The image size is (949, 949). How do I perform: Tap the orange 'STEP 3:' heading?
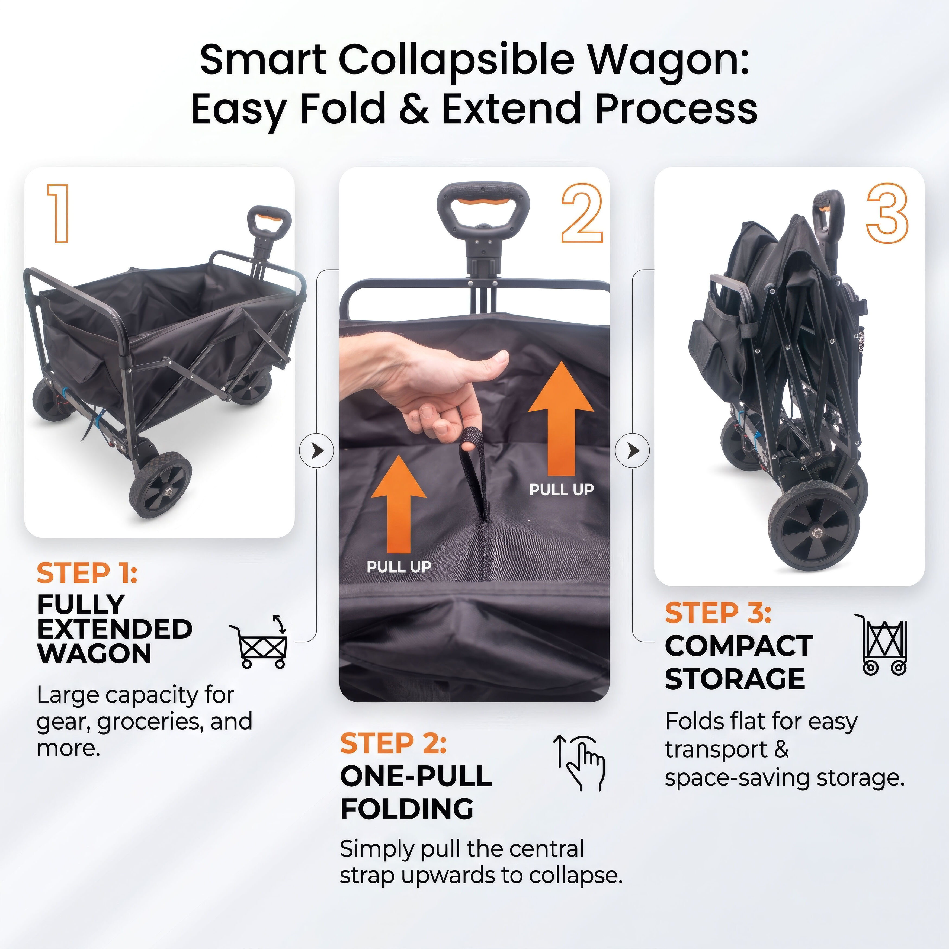(718, 613)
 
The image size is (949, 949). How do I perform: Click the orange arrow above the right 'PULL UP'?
(561, 418)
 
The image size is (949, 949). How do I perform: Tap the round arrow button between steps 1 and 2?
(317, 450)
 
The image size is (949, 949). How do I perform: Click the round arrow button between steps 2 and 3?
(633, 450)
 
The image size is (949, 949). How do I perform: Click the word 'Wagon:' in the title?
(669, 61)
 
